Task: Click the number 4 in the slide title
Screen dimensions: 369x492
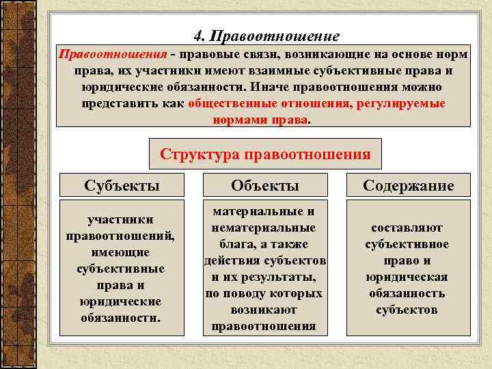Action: tap(197, 35)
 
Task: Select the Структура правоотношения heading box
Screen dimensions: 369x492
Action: tap(265, 154)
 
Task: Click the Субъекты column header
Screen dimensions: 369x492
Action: tap(122, 185)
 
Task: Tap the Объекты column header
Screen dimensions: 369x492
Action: tap(264, 185)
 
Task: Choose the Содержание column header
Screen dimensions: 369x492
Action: tap(408, 185)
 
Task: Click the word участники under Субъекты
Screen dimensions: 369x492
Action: tap(120, 219)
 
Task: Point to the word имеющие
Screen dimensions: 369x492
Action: tap(120, 252)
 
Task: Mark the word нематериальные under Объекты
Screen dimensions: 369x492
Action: tap(264, 228)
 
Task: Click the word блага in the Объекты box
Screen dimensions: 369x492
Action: tap(233, 244)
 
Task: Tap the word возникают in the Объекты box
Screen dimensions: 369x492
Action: tap(264, 310)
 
